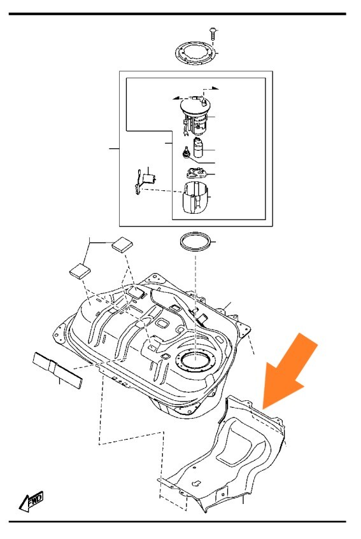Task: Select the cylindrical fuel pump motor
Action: [x=199, y=148]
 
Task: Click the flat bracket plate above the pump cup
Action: [x=196, y=172]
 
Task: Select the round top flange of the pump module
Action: [x=194, y=102]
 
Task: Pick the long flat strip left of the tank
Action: [x=57, y=370]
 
